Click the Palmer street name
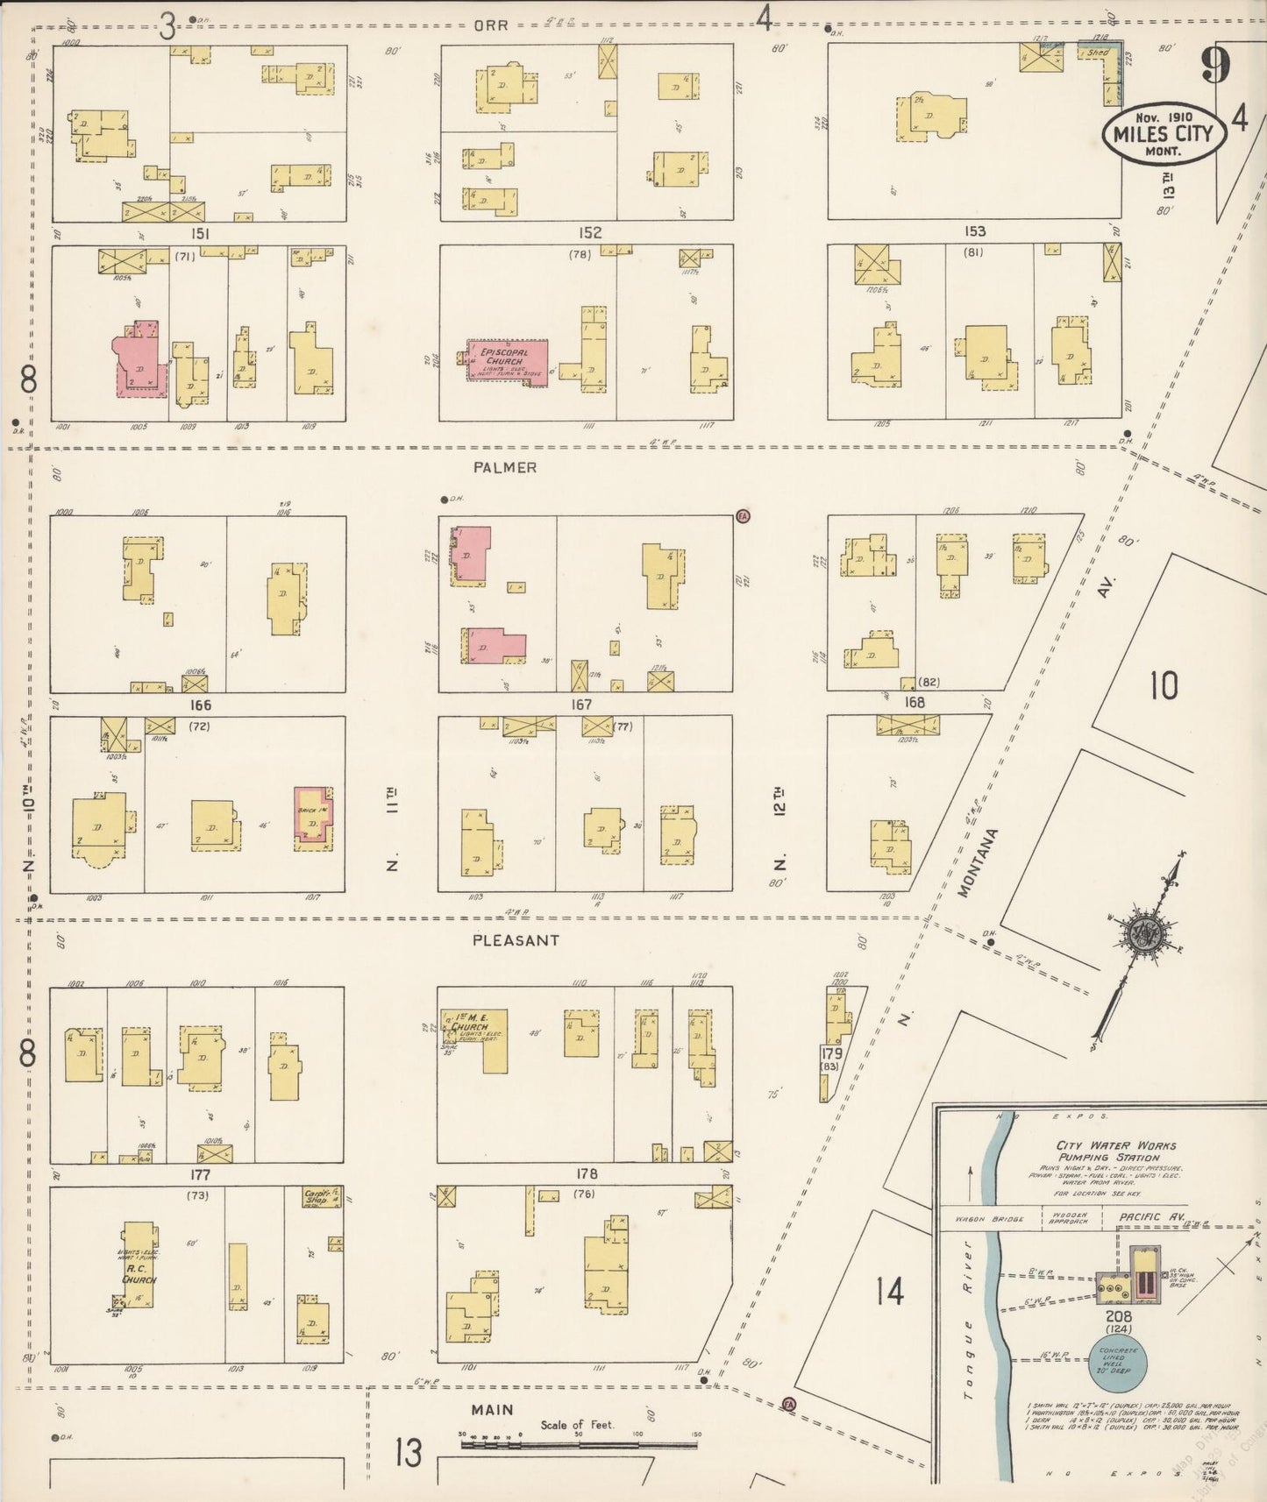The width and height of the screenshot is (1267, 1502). pyautogui.click(x=504, y=468)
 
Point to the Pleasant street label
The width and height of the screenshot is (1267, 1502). pyautogui.click(x=515, y=940)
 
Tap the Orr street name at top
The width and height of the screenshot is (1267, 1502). pyautogui.click(x=490, y=25)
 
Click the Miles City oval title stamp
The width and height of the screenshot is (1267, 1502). pyautogui.click(x=1163, y=134)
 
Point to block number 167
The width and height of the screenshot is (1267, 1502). pyautogui.click(x=580, y=705)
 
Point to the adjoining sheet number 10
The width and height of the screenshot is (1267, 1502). pyautogui.click(x=1164, y=685)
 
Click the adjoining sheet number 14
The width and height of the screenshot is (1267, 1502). pyautogui.click(x=888, y=1290)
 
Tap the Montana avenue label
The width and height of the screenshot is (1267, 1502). pyautogui.click(x=965, y=862)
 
